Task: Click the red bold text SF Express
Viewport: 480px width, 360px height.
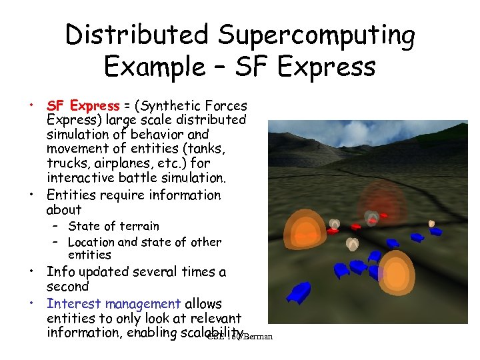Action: [x=82, y=106]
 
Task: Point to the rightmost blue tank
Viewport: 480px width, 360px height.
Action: [x=435, y=232]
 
